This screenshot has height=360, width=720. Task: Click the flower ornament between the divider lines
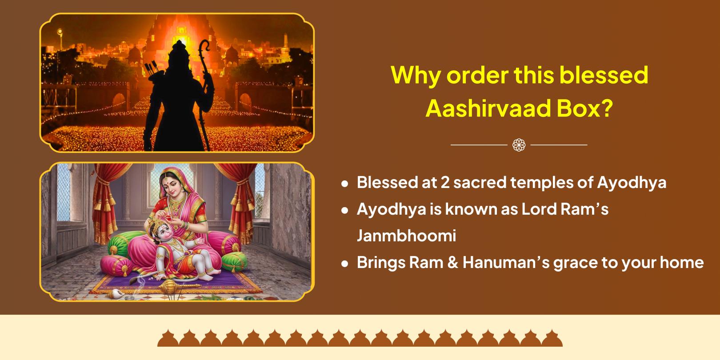pos(519,145)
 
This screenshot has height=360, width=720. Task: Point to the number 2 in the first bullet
pos(445,183)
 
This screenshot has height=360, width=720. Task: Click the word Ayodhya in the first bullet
pos(632,183)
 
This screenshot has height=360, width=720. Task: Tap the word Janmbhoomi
pos(406,236)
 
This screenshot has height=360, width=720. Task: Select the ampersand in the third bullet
pos(452,262)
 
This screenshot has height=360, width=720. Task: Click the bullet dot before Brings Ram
pos(345,264)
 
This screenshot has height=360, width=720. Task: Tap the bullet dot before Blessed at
pos(345,184)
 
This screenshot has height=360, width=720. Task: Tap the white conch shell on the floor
pos(115,293)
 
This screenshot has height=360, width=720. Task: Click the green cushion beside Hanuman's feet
pos(234,261)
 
